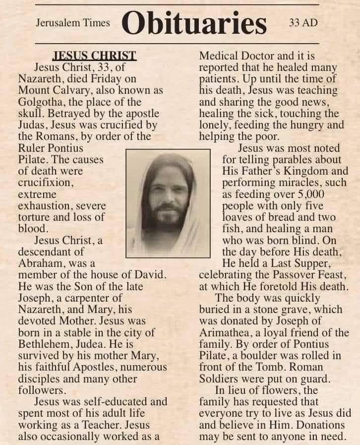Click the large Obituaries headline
(x=194, y=22)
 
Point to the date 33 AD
(x=302, y=23)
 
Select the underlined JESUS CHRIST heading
(x=94, y=55)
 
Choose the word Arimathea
(x=227, y=332)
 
